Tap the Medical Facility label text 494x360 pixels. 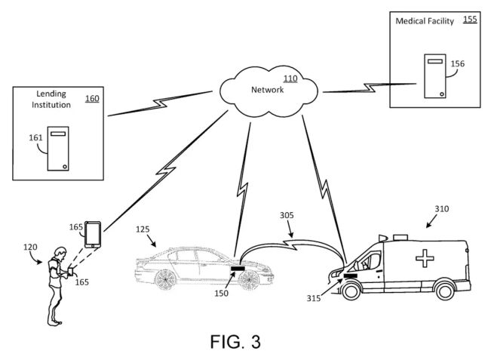425,22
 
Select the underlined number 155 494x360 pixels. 470,20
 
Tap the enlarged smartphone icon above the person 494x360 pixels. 93,234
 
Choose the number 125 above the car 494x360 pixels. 145,228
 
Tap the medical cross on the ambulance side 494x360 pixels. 425,258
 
